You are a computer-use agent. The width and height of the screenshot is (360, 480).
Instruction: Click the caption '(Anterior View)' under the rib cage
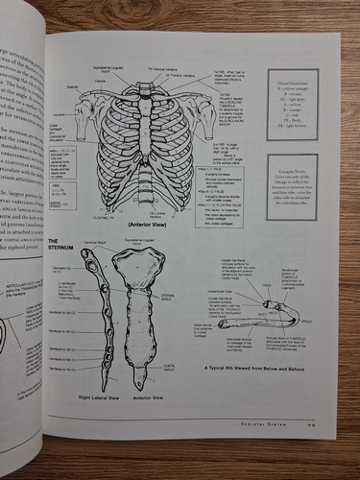[149, 223]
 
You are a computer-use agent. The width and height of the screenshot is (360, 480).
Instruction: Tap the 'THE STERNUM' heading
[60, 248]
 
